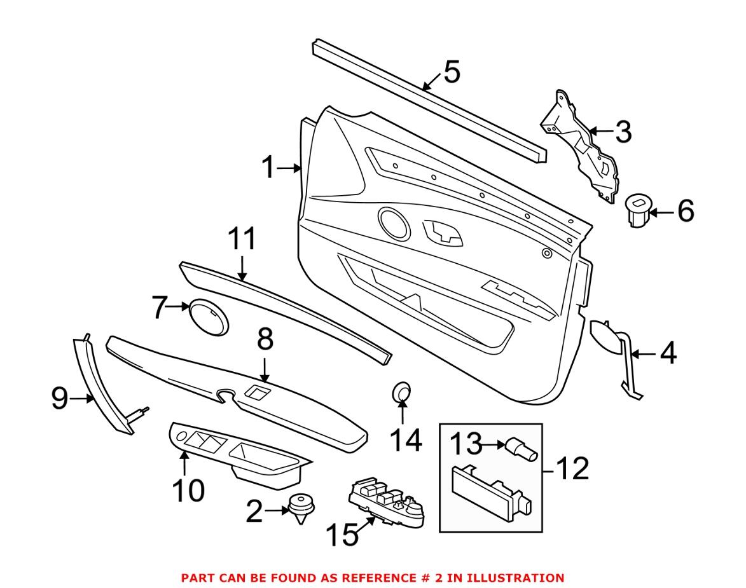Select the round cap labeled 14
click(402, 393)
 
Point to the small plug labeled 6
click(638, 210)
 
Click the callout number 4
click(667, 353)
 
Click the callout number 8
click(265, 341)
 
